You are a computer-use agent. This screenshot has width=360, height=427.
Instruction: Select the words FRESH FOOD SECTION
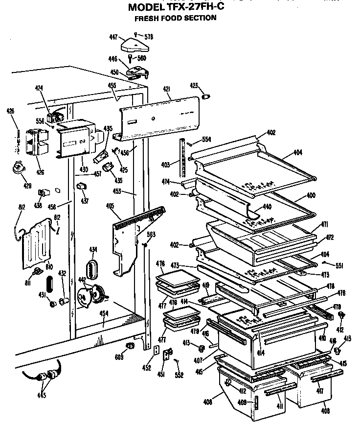[x=176, y=18]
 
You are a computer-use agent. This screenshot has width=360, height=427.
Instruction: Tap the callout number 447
[x=113, y=37]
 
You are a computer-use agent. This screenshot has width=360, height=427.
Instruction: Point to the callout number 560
[x=141, y=58]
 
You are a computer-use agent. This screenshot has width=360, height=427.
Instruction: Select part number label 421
[x=166, y=89]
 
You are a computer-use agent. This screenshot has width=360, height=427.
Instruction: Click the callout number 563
[x=152, y=235]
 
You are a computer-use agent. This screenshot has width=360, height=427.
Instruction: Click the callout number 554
[x=206, y=140]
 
